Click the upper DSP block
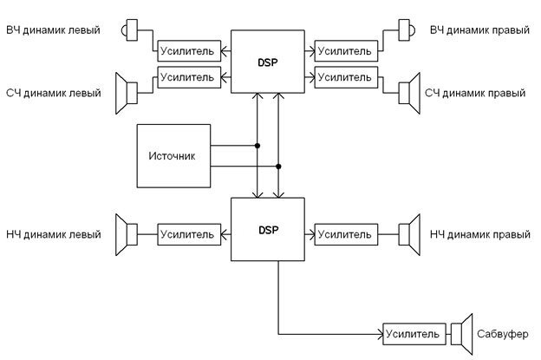tap(268, 62)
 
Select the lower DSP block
tap(268, 229)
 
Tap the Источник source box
tap(173, 156)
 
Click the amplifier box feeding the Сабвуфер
tap(414, 334)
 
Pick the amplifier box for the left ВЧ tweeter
tap(189, 51)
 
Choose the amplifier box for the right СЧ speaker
tap(346, 77)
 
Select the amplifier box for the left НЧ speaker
tap(189, 234)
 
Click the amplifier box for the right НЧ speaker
tap(346, 234)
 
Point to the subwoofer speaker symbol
tap(461, 334)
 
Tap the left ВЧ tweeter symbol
tap(129, 30)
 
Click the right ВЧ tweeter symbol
tap(407, 30)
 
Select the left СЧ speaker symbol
tap(127, 93)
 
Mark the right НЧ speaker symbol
tap(409, 235)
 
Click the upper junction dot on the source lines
tap(257, 146)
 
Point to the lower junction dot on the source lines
tap(278, 167)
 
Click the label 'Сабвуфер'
tap(502, 334)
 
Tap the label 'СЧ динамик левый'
tap(54, 93)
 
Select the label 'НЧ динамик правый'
tap(480, 235)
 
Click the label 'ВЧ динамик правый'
tap(479, 30)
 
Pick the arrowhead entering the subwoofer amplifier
tap(381, 334)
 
